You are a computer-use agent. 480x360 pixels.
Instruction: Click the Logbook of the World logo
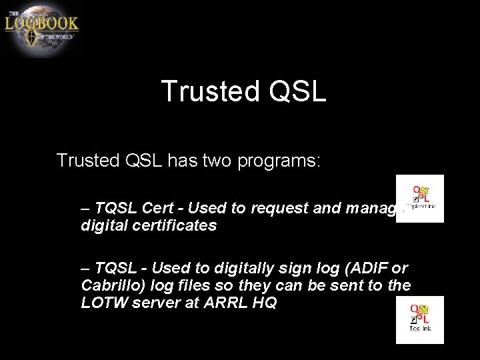pos(41,28)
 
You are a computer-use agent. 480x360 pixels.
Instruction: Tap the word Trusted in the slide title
pos(208,91)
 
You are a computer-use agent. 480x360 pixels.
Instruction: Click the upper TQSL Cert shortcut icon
pos(419,198)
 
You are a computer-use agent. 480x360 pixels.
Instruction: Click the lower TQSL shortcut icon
pos(419,320)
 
